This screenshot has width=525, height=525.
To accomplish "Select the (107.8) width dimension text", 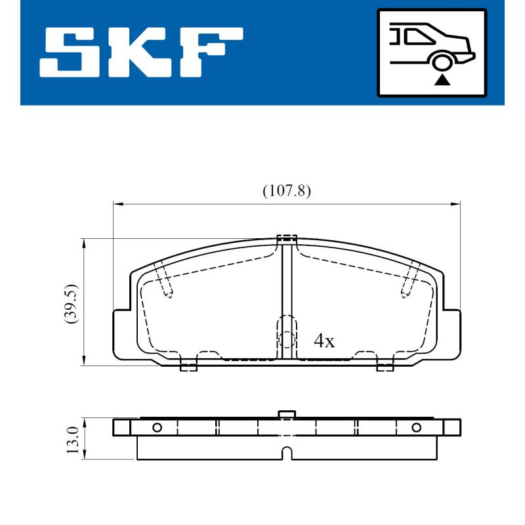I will click(286, 191).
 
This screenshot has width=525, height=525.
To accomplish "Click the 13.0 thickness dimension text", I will click(72, 438).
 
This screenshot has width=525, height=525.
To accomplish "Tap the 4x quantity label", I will click(324, 341).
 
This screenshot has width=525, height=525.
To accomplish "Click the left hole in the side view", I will click(157, 428).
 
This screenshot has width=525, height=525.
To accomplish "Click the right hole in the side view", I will click(415, 428).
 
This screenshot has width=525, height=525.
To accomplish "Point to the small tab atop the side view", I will click(286, 414).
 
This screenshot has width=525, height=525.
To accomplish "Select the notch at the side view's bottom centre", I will click(286, 453).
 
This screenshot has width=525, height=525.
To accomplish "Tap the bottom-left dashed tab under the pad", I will click(188, 366).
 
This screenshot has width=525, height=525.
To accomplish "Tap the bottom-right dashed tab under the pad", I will click(385, 366).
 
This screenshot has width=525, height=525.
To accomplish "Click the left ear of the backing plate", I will click(122, 335).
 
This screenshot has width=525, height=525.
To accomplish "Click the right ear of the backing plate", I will click(451, 335).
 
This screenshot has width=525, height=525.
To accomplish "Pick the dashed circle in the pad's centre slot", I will click(286, 339).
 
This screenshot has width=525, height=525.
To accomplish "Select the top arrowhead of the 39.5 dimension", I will click(83, 243).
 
